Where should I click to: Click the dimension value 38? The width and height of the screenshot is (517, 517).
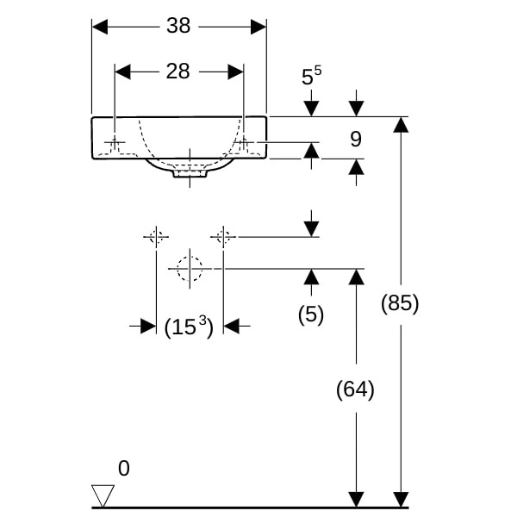(178, 26)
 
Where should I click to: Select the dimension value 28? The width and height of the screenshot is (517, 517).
(178, 72)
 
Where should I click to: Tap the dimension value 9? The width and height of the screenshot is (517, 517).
(356, 138)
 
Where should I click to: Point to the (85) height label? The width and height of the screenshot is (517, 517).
(400, 303)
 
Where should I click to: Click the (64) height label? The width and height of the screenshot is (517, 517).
(355, 389)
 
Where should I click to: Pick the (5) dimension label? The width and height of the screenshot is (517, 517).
(311, 315)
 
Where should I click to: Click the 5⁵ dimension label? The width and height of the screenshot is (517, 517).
(311, 77)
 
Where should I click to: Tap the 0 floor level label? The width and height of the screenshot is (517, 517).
(124, 469)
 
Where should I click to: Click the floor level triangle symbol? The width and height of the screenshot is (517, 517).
(103, 495)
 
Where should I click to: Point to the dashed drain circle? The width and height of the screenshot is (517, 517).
(190, 269)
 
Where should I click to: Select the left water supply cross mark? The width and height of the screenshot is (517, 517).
(156, 235)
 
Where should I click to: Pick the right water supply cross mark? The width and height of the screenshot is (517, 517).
(223, 235)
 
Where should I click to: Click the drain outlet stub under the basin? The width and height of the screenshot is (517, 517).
(190, 172)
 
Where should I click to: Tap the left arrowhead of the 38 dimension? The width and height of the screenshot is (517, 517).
(100, 27)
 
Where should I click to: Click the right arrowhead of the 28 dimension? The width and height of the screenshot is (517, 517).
(236, 72)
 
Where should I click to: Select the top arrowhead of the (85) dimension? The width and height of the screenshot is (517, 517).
(400, 124)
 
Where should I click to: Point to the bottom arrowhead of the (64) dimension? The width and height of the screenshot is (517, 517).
(355, 499)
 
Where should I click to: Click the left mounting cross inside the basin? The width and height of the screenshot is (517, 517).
(115, 141)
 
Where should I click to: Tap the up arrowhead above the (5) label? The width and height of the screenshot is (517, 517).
(311, 277)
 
